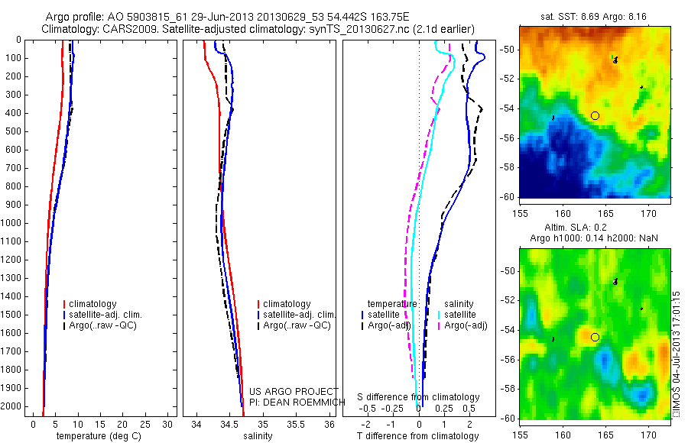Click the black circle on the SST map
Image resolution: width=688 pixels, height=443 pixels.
pos(595,115)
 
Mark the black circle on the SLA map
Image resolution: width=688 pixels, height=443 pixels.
pos(595,337)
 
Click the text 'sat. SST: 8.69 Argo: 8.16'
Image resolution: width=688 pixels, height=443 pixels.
pos(593,16)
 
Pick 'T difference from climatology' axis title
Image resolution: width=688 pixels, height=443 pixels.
pos(417,436)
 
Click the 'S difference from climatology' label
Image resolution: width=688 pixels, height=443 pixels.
pos(418,397)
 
